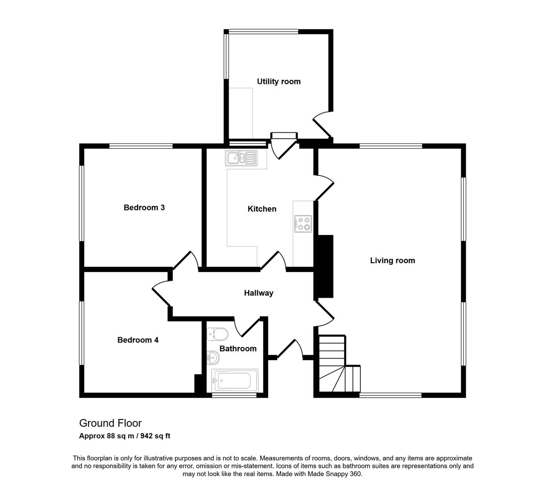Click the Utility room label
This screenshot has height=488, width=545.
point(278,81)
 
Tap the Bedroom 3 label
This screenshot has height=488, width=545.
point(144,207)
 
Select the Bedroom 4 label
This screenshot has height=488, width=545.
point(138,340)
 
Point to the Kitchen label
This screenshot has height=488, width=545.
point(262,209)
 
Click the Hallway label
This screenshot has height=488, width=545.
point(258,293)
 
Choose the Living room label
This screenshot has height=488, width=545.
point(393,261)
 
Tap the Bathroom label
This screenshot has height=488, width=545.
point(238,349)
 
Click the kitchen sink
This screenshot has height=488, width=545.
point(241,158)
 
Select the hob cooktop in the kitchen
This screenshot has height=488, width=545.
point(303,224)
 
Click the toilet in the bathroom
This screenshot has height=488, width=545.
point(218,334)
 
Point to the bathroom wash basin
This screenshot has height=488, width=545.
point(213,358)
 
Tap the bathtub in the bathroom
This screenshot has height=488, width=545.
point(235,381)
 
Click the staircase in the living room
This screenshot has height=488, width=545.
point(339,363)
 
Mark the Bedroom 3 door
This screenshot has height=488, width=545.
point(186,260)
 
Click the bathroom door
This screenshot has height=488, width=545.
point(247,327)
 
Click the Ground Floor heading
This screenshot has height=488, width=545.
point(110,423)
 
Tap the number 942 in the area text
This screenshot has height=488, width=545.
point(146,436)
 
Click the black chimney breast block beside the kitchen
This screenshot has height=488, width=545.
point(325,266)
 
